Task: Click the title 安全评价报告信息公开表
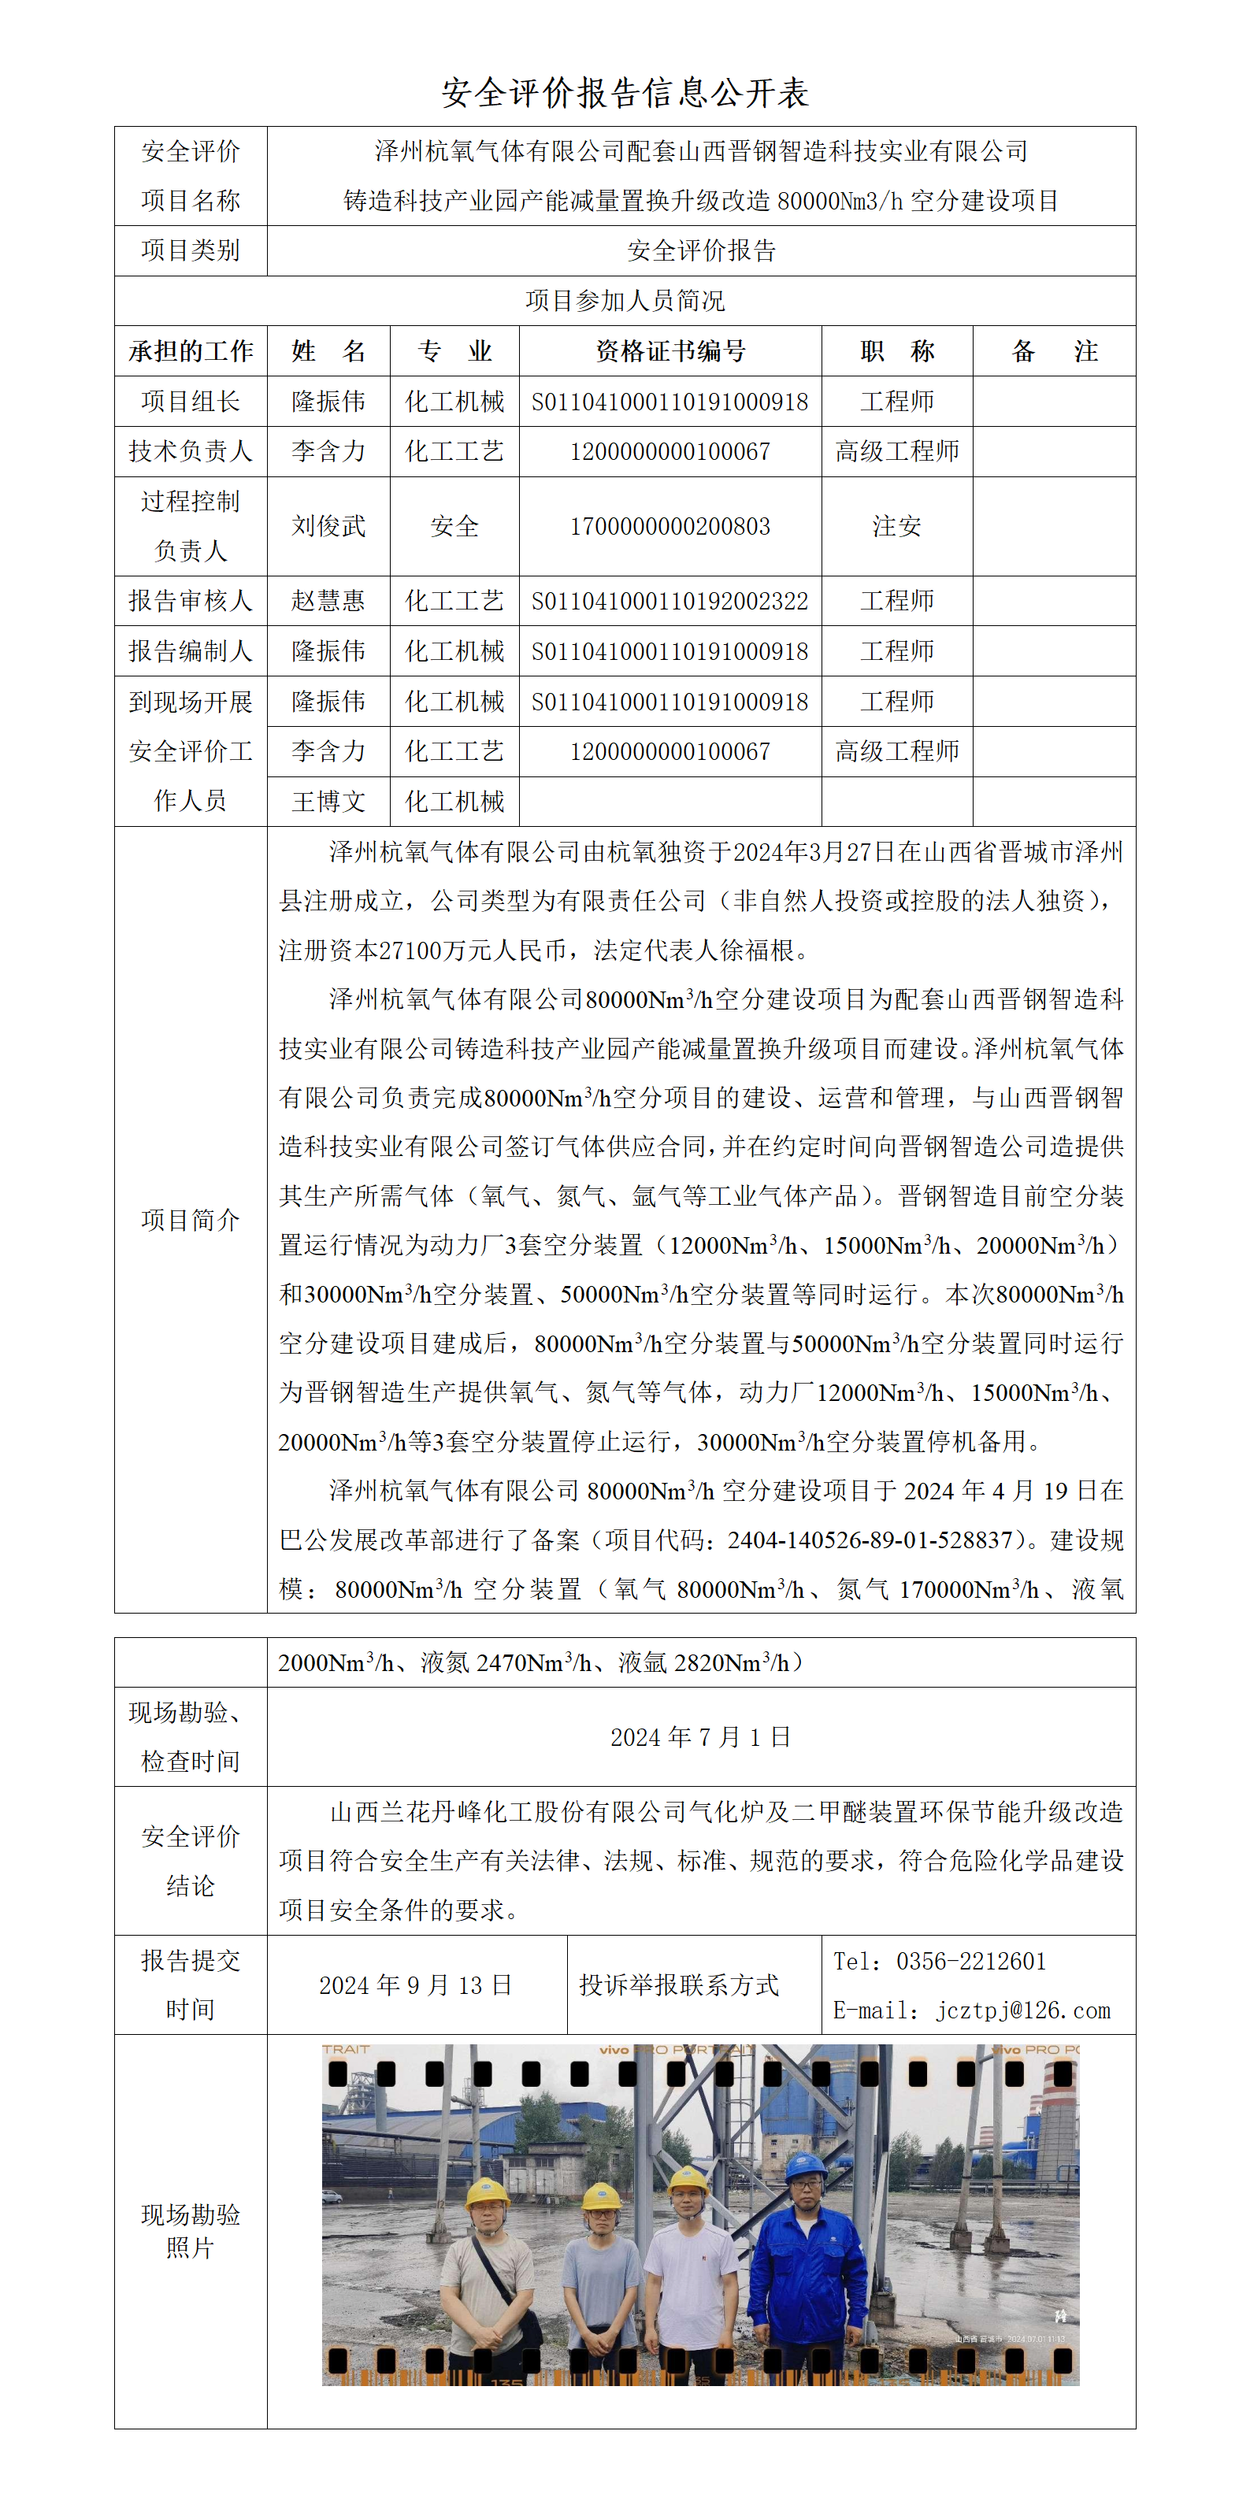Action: pyautogui.click(x=625, y=94)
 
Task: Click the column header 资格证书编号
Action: pyautogui.click(x=670, y=351)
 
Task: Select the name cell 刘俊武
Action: pyautogui.click(x=328, y=526)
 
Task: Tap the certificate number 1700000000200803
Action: pyautogui.click(x=670, y=526)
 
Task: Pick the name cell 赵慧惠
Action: pyautogui.click(x=328, y=601)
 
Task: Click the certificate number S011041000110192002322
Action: pyautogui.click(x=670, y=601)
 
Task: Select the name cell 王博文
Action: pyautogui.click(x=328, y=802)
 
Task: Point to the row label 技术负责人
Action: pyautogui.click(x=191, y=451)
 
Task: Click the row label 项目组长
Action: pyautogui.click(x=191, y=402)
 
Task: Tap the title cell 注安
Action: pyautogui.click(x=897, y=526)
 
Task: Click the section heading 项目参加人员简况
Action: pyautogui.click(x=625, y=301)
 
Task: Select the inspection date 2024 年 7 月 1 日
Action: pyautogui.click(x=700, y=1736)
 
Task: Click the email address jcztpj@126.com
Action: pyautogui.click(x=1022, y=2010)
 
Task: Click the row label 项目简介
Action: pyautogui.click(x=191, y=1220)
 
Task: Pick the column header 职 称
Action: pyautogui.click(x=897, y=351)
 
